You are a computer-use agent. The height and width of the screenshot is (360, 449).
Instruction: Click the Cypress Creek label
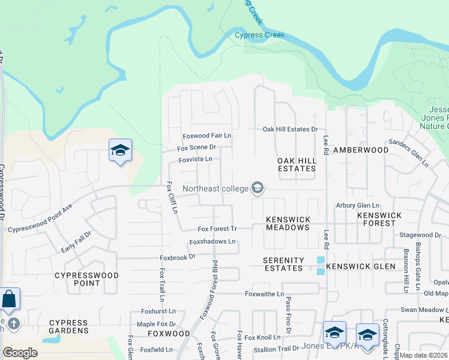click(x=259, y=35)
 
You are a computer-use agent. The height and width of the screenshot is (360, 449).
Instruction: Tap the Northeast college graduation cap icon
click(x=258, y=188)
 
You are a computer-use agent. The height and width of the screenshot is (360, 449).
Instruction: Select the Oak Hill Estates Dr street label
click(x=290, y=130)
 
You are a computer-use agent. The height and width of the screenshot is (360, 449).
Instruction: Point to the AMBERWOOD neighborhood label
click(x=361, y=150)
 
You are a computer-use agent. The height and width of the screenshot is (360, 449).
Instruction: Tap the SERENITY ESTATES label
click(x=283, y=264)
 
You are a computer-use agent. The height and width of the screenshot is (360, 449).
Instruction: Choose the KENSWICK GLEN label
click(x=361, y=266)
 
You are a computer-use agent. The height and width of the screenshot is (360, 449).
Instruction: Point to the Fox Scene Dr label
click(x=196, y=148)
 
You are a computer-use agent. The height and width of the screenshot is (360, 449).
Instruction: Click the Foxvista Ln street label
click(x=196, y=159)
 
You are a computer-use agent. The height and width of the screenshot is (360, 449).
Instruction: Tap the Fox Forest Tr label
click(x=218, y=229)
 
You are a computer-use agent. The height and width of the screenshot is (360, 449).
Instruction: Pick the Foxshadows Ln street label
click(x=212, y=242)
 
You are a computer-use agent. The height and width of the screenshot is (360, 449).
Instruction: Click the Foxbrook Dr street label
click(x=178, y=257)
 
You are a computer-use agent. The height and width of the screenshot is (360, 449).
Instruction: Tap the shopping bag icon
click(x=10, y=298)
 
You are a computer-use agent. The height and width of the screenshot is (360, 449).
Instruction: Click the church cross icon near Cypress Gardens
click(x=13, y=324)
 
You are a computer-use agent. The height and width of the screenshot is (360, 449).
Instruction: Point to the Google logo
click(x=20, y=353)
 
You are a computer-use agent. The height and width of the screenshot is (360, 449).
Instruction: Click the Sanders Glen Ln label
click(x=408, y=153)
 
